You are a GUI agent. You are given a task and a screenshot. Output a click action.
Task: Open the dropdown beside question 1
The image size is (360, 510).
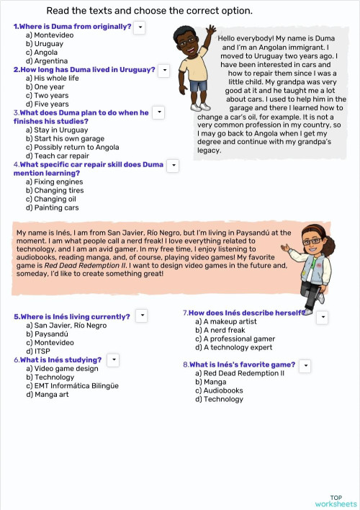pos(140,27)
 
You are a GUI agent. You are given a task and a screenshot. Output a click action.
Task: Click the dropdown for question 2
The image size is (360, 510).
pos(163,70)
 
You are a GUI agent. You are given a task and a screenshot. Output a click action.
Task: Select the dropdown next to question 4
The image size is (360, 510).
pos(173,165)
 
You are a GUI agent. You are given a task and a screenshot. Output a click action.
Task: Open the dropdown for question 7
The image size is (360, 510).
pos(323,316)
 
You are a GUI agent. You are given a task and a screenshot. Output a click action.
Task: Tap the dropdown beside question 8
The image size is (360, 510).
pos(305,365)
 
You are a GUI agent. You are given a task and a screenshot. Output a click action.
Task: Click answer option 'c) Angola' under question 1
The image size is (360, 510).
pos(42,52)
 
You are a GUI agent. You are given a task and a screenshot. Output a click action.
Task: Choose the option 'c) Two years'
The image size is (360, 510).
pos(47,96)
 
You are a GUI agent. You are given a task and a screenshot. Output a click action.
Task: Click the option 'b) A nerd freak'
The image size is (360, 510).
pos(224,330)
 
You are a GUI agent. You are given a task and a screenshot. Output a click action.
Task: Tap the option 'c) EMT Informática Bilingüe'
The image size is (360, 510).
pos(72,385)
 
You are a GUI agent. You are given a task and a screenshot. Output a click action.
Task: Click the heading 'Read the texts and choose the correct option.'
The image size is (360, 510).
pos(149,11)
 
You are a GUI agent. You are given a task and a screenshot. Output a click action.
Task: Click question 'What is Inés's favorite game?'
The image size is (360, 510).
pos(242,364)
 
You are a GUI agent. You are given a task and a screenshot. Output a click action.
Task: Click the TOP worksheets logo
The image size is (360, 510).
pos(336,501)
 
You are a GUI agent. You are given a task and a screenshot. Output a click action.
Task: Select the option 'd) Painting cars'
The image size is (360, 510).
pos(52,207)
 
